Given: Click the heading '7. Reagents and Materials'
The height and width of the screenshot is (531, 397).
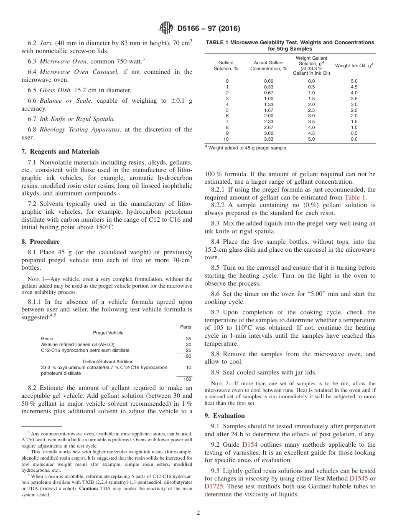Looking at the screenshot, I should tap(60, 152).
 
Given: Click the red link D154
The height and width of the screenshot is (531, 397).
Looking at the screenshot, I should tap(249, 445).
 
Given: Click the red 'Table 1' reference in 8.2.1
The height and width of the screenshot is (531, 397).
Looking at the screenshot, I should tap(355, 197).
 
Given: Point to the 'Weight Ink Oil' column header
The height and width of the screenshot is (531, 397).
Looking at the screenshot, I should tap(354, 66).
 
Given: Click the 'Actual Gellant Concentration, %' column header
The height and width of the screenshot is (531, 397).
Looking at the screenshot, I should tap(268, 66).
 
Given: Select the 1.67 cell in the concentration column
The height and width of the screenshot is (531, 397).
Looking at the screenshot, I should tap(268, 110).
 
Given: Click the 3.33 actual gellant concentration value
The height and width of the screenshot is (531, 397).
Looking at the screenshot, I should tap(268, 139).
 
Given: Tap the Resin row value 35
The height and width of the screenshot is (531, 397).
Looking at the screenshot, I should tap(188, 339).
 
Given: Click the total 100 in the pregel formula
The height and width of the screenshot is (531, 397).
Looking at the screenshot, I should tap(187, 379).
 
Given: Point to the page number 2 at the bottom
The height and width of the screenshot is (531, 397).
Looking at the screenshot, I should tap(198, 513).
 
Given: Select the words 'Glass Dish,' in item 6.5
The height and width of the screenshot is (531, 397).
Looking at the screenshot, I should tap(53, 90).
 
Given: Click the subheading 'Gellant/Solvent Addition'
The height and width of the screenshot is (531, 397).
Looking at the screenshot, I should tap(108, 362).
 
